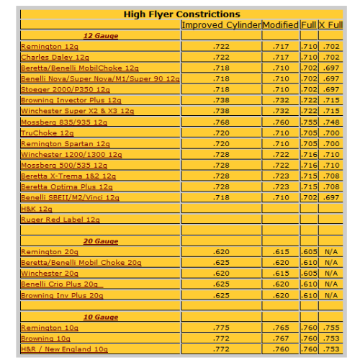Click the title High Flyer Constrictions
click(181, 14)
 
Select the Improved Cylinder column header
click(220, 24)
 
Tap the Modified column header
click(280, 24)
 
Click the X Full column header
click(330, 24)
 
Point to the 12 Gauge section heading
click(101, 35)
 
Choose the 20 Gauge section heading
click(101, 241)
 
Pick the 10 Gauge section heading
click(101, 317)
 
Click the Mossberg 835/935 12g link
click(58, 122)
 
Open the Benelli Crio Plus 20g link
click(62, 284)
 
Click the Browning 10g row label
click(45, 338)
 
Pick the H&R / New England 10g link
click(64, 348)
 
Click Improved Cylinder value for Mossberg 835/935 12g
click(220, 122)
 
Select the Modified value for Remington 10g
click(280, 328)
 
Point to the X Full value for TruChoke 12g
click(330, 132)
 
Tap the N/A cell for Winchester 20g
click(330, 274)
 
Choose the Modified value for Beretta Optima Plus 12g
click(280, 186)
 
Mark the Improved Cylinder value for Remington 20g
click(220, 252)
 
